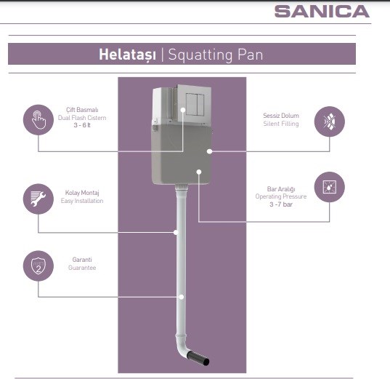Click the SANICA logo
point(322,12)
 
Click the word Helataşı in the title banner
point(127,55)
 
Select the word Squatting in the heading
point(200,55)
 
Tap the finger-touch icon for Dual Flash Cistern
point(38,120)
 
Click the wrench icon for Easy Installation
point(38,199)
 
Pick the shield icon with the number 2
point(38,266)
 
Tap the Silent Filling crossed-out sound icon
point(330,121)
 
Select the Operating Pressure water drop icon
point(330,187)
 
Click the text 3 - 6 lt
point(82,125)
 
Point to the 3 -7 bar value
point(281,204)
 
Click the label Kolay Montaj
point(82,193)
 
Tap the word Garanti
point(82,260)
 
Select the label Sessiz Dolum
point(281,116)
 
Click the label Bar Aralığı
point(281,189)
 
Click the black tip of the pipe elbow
point(198,358)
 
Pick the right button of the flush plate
point(200,105)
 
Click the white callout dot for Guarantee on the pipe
point(182,297)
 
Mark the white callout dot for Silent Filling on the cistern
point(209,151)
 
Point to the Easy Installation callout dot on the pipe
point(176,233)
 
